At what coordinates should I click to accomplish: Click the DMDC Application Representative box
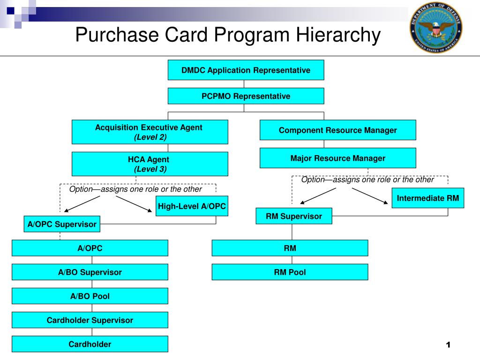pos(246,70)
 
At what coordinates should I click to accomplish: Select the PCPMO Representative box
pos(246,96)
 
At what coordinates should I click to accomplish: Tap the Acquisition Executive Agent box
pos(150,132)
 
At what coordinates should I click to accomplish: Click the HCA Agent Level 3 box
pos(150,164)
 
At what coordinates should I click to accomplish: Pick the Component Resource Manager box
pos(337,130)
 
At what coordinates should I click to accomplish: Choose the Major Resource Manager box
pos(337,158)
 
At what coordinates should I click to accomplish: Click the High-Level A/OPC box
pos(192,206)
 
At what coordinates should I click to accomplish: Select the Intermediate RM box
pos(427,198)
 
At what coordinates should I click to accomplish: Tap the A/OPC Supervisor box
pos(62,225)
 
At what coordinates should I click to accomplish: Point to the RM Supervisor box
pos(294,216)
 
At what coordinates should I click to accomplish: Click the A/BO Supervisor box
pos(90,272)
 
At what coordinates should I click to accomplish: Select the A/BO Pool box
pos(90,296)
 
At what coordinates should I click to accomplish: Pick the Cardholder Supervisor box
pos(90,320)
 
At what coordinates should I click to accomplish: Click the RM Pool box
pos(290,272)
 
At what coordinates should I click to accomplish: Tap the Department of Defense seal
pos(435,27)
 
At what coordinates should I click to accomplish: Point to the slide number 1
pos(448,345)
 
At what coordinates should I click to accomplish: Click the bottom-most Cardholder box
pos(90,344)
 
